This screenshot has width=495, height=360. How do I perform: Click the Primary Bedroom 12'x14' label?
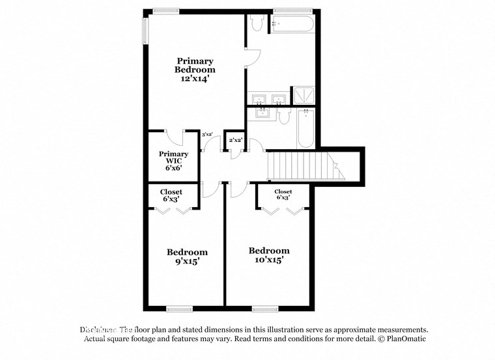194,69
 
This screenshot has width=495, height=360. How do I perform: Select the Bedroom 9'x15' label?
187,256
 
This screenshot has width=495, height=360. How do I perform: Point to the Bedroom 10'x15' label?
269,255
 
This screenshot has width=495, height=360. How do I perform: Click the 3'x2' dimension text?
208,135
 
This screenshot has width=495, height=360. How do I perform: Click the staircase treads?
303,166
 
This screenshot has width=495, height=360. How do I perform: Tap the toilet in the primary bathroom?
256,23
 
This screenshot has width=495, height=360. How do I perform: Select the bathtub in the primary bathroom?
293,24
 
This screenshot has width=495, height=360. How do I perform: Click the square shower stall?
304,96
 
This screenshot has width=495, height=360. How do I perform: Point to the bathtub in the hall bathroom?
306,128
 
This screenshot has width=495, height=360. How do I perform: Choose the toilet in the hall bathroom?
284,117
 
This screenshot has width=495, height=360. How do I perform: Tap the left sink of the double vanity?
259,100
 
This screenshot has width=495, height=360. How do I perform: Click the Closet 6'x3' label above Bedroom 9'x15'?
171,195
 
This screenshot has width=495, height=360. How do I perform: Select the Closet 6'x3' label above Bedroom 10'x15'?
283,194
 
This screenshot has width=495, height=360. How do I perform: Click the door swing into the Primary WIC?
174,138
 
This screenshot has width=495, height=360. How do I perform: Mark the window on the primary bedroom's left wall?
145,30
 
